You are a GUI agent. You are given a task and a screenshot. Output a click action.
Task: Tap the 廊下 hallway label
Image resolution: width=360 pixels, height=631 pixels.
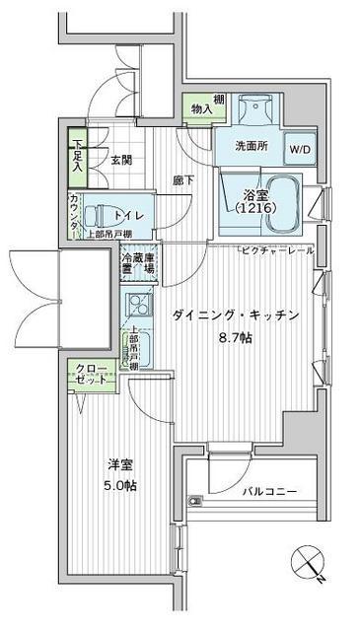tap(181, 180)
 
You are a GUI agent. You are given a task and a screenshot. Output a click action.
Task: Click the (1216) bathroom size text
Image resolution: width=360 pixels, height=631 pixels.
tap(254, 209)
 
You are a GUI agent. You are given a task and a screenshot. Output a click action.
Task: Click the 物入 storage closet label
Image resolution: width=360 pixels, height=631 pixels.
tap(201, 109)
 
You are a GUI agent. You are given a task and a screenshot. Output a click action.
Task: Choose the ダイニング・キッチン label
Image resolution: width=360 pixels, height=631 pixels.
tap(235, 315)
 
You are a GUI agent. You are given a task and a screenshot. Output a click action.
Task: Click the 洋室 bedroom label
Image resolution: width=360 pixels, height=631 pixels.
tap(120, 468)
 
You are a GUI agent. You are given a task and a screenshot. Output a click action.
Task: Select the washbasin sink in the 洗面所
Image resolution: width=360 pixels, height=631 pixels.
tap(257, 108)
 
